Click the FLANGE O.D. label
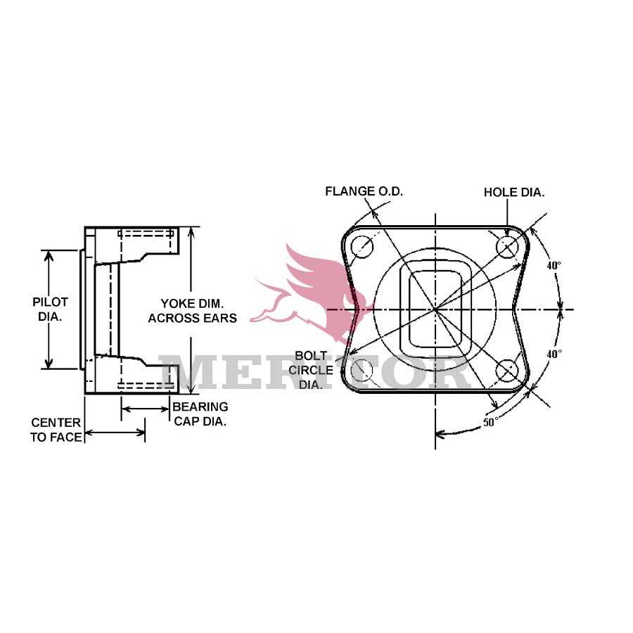coord(364,191)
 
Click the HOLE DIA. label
coord(513,191)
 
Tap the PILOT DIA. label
coord(50,309)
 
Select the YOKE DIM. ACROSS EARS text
coord(192,310)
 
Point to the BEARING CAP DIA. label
coord(200,414)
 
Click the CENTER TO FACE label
coord(56,429)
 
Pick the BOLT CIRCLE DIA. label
coord(314,370)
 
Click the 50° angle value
coord(490,422)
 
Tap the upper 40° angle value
coord(554,266)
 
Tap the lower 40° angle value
coord(554,354)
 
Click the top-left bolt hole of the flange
coord(363,246)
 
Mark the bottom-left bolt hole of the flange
coord(362,370)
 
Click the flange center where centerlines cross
coord(435,309)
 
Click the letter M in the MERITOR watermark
coord(186,372)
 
